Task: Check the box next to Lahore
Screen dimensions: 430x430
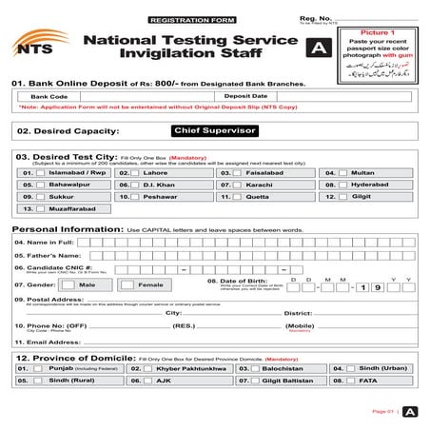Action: coord(141,173)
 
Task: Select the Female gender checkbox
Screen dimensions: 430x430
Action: coord(128,284)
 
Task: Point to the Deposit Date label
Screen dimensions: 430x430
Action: coord(245,96)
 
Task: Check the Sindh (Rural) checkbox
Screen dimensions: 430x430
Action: coord(39,380)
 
